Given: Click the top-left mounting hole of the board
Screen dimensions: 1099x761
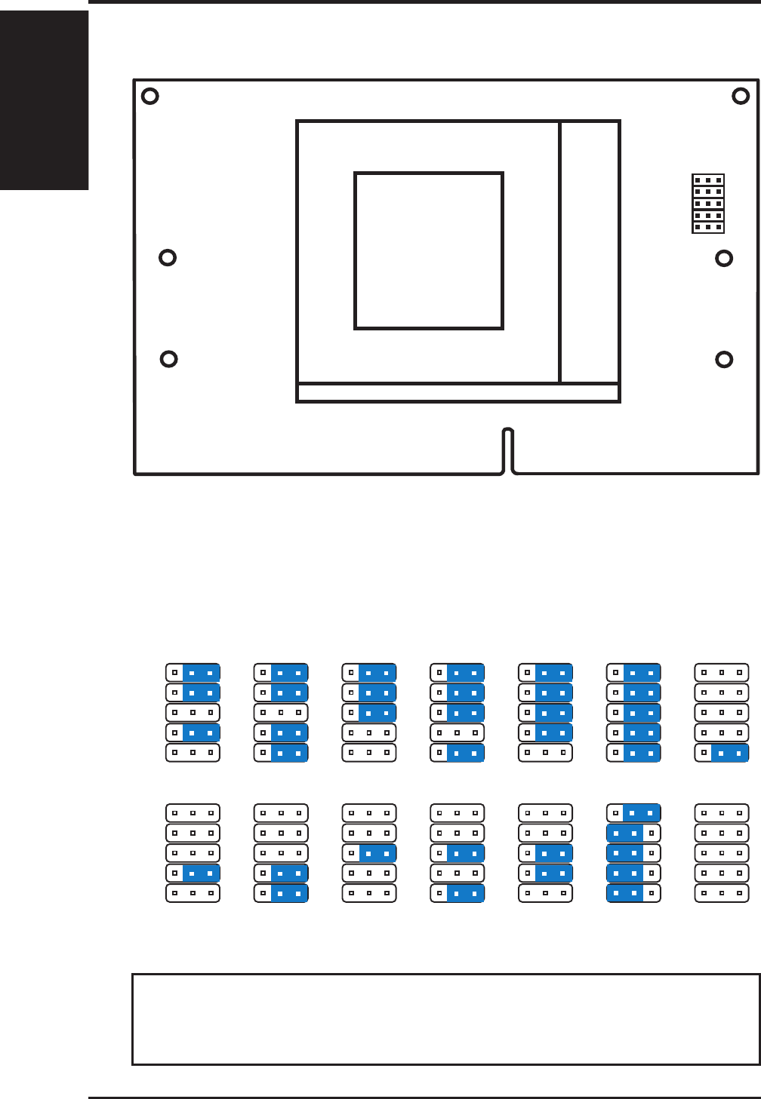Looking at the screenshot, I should pyautogui.click(x=150, y=96).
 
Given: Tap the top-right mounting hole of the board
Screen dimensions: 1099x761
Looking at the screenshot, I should pyautogui.click(x=741, y=96).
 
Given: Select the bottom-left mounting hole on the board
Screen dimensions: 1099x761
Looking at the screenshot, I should pyautogui.click(x=169, y=358).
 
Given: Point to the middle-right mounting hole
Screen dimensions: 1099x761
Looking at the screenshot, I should pyautogui.click(x=724, y=259).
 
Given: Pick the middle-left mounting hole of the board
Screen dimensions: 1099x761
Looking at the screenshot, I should pyautogui.click(x=168, y=257).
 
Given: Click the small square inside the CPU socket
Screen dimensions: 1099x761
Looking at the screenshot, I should pyautogui.click(x=429, y=251).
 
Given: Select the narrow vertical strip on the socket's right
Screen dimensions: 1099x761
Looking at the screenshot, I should pyautogui.click(x=590, y=252).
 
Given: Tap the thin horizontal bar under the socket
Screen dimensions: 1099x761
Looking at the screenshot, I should pyautogui.click(x=458, y=392).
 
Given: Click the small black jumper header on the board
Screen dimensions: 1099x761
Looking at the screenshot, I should pyautogui.click(x=708, y=204).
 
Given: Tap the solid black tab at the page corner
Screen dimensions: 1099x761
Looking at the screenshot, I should pyautogui.click(x=44, y=98).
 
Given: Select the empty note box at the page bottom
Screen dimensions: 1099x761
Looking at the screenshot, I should pyautogui.click(x=445, y=1019).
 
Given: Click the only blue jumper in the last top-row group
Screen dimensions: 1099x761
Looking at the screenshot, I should pyautogui.click(x=722, y=752).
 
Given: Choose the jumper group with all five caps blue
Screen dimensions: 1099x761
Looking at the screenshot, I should pyautogui.click(x=633, y=712).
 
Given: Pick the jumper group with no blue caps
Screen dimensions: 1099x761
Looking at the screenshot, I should pyautogui.click(x=722, y=852).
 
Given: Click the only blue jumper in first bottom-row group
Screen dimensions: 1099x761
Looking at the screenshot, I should pyautogui.click(x=193, y=873).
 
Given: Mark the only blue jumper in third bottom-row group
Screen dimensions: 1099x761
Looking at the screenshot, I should pyautogui.click(x=369, y=853).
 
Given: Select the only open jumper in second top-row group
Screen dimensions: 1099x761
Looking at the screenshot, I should pyautogui.click(x=281, y=712).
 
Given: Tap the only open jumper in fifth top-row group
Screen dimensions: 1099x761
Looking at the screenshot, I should pyautogui.click(x=545, y=752).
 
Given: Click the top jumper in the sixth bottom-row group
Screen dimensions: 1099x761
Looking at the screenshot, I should pyautogui.click(x=633, y=813).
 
